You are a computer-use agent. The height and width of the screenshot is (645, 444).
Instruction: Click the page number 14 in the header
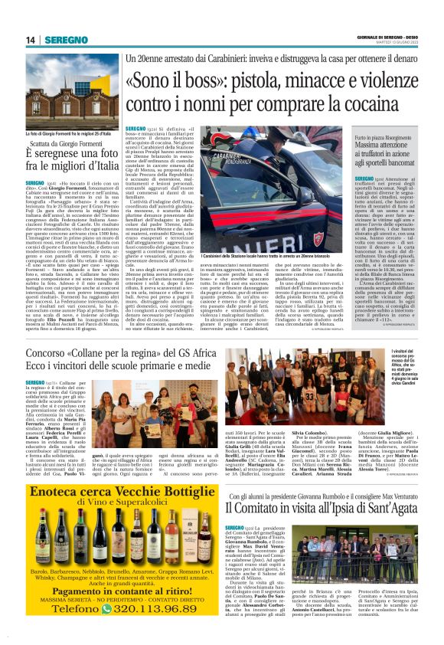click(x=30, y=39)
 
